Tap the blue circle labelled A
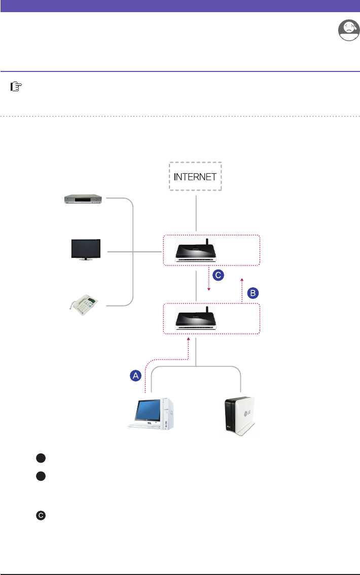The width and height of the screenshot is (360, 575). click(x=135, y=375)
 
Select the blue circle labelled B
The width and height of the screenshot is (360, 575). click(x=253, y=293)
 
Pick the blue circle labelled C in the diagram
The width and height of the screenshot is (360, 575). click(x=218, y=275)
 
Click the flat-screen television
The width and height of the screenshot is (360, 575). click(x=86, y=250)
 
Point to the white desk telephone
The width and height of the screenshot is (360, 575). click(x=87, y=305)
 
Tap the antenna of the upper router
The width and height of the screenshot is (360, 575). click(x=207, y=242)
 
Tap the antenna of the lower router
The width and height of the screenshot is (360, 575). click(x=207, y=311)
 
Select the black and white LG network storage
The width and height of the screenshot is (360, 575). click(x=238, y=415)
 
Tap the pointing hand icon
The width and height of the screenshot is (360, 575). click(x=17, y=88)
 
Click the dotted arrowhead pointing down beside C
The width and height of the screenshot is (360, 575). click(x=209, y=290)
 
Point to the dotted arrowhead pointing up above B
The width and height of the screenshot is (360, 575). click(x=242, y=278)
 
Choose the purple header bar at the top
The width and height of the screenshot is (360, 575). click(x=180, y=6)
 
